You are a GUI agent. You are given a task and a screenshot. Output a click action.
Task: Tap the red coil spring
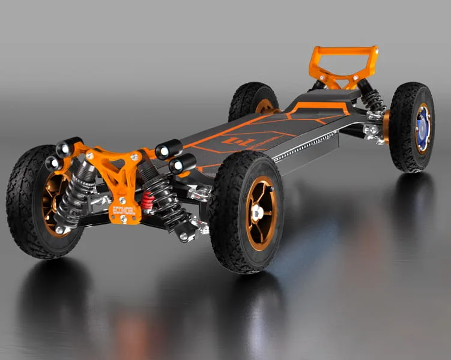147,200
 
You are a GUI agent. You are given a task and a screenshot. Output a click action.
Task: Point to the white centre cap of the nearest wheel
258,213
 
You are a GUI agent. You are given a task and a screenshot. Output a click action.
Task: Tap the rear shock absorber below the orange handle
372,98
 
